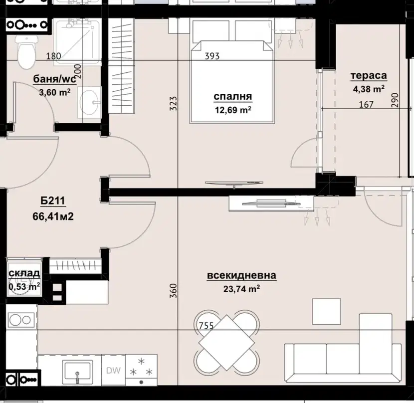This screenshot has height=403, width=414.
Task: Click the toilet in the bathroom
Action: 26,52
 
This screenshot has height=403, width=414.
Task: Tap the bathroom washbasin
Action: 90,102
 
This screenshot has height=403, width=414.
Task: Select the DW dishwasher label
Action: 113,371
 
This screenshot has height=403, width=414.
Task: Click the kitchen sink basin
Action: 77,371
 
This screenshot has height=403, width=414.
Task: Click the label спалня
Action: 233,96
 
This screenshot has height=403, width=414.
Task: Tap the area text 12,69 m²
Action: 233,109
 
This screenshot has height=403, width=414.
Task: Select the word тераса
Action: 369,76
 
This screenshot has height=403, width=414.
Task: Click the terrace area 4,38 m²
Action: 369,89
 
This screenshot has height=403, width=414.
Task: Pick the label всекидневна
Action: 241,275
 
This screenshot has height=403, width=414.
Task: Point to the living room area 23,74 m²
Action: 241,289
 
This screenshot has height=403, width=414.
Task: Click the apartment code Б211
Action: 53,201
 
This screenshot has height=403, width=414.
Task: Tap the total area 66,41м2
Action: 53,216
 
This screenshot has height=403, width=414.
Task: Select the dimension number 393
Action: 212,56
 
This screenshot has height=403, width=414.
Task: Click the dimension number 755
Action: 206,326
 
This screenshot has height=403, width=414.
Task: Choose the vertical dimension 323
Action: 173,103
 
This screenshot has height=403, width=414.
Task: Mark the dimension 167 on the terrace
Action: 366,105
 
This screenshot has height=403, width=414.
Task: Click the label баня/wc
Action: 55,79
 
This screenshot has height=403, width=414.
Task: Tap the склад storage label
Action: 24,273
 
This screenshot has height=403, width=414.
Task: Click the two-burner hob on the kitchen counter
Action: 21,320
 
